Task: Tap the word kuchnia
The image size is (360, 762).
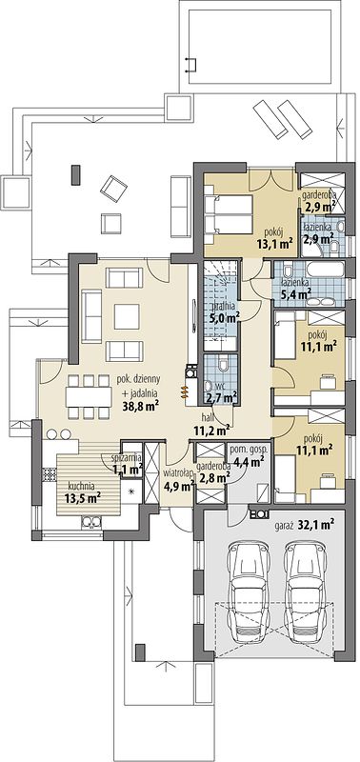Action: [x=81, y=486]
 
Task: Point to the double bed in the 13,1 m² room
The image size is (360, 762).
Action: [x=228, y=214]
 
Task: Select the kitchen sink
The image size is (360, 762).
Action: [x=91, y=522]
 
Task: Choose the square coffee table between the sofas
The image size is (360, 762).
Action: [x=127, y=317]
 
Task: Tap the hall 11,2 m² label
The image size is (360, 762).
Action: [x=211, y=424]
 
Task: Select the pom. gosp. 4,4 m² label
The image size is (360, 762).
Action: [x=247, y=454]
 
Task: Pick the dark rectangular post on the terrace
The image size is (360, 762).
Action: [x=75, y=175]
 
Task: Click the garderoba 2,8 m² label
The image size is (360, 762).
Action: [x=213, y=472]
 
